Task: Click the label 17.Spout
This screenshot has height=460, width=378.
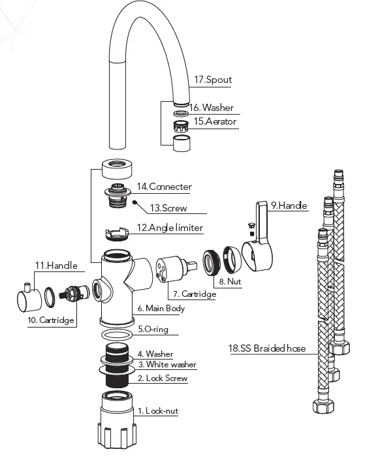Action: coord(213,80)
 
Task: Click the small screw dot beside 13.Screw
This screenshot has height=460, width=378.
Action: coord(134,203)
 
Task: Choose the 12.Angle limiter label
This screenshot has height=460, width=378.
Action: coord(170,228)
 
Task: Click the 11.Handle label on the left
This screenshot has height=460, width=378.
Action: coord(55,266)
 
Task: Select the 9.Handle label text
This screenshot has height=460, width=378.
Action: coord(289,206)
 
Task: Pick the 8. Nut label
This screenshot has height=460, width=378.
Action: coord(230,282)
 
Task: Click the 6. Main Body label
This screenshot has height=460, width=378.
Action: coord(161,308)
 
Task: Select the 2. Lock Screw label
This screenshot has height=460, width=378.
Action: coord(163,378)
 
